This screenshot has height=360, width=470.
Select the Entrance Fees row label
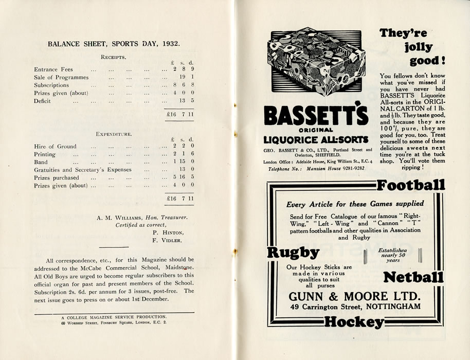click(x=53, y=69)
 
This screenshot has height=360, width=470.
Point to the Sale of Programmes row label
click(x=61, y=77)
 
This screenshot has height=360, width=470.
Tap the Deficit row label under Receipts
click(x=42, y=101)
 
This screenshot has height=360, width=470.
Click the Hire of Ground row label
click(x=55, y=147)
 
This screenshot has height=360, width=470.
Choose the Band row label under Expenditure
click(x=41, y=162)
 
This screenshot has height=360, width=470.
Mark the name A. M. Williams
click(x=119, y=217)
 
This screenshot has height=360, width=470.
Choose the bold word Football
click(x=410, y=185)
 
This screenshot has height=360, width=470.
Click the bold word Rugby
click(x=293, y=253)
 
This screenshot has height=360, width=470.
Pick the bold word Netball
click(x=413, y=278)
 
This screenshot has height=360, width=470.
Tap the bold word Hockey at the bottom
click(x=354, y=322)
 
